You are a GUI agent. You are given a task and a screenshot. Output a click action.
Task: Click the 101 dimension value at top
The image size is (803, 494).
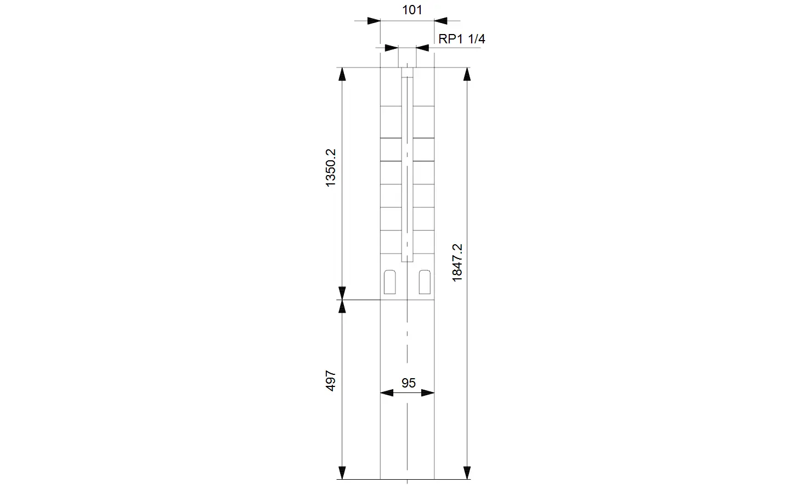point(412,10)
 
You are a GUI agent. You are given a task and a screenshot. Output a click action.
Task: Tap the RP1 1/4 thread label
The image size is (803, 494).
point(462,39)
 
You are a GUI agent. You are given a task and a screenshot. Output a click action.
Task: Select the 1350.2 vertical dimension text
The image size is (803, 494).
point(331,168)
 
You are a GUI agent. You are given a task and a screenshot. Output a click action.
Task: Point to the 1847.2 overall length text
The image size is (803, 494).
point(457,263)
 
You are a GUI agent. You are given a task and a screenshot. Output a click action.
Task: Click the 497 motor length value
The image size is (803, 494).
point(331,380)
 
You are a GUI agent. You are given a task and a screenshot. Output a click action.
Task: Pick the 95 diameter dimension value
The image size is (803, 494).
point(409,383)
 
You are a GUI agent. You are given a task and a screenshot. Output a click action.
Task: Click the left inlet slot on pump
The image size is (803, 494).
point(389,282)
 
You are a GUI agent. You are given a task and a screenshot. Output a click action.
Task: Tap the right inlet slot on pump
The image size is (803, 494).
point(425,282)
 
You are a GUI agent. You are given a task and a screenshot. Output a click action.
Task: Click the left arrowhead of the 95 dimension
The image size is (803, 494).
point(387,393)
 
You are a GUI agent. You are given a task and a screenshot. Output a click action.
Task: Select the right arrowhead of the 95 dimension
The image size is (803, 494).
point(428,393)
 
